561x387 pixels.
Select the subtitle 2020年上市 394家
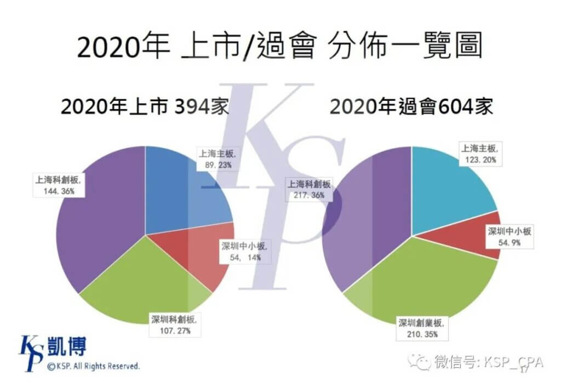(x=145, y=106)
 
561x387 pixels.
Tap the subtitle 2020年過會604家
(x=411, y=106)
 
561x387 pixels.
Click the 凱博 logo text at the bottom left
(x=67, y=346)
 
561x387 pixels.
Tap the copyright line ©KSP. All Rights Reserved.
(x=93, y=366)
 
